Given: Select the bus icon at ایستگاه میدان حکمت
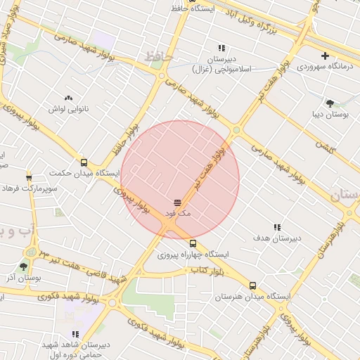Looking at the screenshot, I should [84, 162].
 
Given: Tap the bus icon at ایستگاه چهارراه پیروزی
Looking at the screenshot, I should [193, 243].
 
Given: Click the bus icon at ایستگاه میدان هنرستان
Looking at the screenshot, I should [253, 285].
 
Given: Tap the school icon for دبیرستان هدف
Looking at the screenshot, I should [277, 226].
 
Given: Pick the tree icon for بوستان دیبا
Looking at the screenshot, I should [330, 102].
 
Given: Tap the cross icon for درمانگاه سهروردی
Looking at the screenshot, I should [325, 56].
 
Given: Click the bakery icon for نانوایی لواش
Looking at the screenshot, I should [68, 98].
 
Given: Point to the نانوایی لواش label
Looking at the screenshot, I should [67, 110].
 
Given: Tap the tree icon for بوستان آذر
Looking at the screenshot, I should [24, 266].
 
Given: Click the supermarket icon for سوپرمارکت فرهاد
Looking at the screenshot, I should [29, 177].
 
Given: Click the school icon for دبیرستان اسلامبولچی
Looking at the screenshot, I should [221, 48].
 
